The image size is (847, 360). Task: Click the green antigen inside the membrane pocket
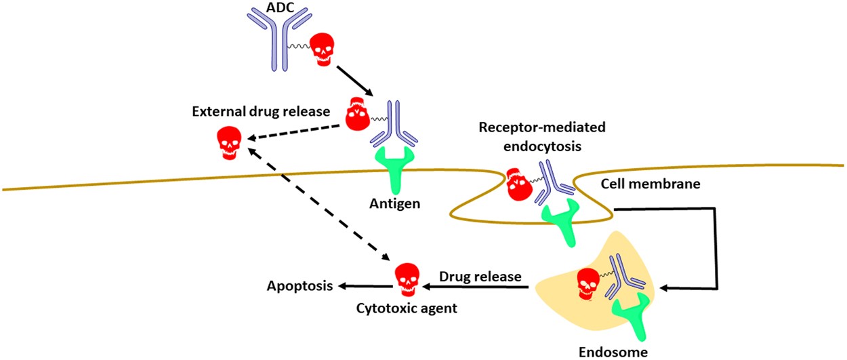click(562, 221)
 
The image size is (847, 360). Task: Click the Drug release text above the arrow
click(480, 276)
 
